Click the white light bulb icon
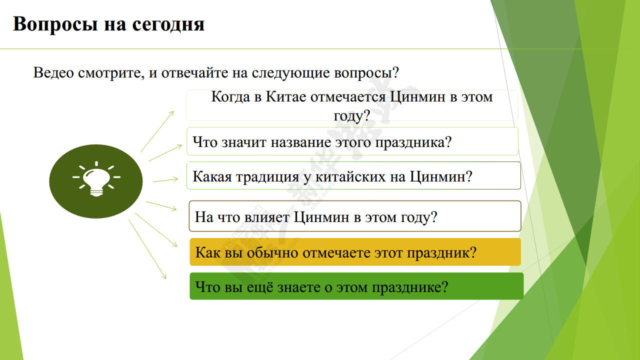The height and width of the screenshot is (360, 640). point(96,179)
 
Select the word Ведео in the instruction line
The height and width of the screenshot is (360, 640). point(53,72)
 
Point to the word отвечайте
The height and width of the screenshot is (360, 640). point(194,73)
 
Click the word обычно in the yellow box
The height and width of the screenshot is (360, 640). point(272,253)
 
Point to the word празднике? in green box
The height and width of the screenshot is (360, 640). point(410,287)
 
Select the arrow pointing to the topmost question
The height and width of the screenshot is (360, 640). point(157,131)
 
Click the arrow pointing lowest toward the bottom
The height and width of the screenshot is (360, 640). point(147,249)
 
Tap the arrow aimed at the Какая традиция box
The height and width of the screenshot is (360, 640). point(165,180)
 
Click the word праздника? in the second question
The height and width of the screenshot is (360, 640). point(413,142)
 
